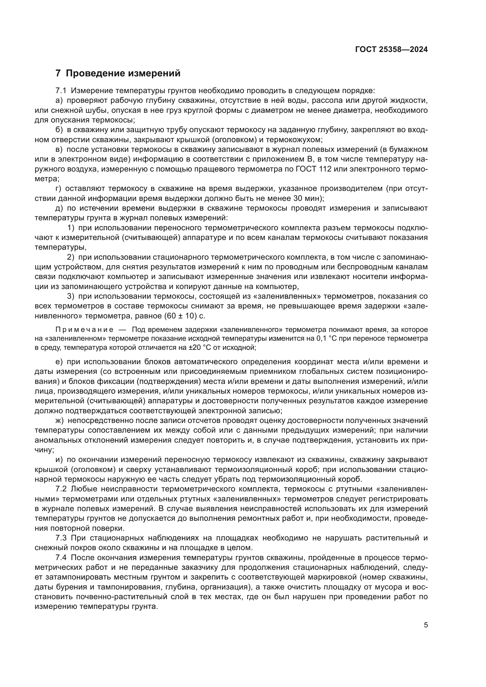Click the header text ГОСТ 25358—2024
point(391,50)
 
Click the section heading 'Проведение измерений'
point(123,73)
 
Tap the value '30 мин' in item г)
point(305,198)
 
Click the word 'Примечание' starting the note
point(84,330)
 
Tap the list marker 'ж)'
point(60,421)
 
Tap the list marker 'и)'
point(59,460)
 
